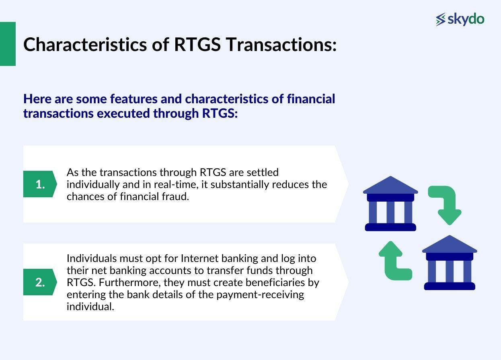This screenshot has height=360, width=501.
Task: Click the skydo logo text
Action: pos(466,19)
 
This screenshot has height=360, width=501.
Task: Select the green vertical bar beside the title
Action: pos(8,44)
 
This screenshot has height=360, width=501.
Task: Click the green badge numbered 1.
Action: pos(40,184)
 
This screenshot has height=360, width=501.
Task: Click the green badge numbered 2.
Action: pos(40,282)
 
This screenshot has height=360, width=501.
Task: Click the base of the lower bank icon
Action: pos(450,286)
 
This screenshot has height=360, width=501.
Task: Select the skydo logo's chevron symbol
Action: pos(441,19)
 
